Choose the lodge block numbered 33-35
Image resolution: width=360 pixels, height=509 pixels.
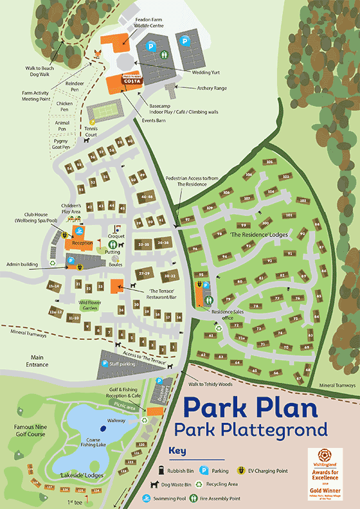(143, 244)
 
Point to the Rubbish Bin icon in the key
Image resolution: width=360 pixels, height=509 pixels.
(154, 471)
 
